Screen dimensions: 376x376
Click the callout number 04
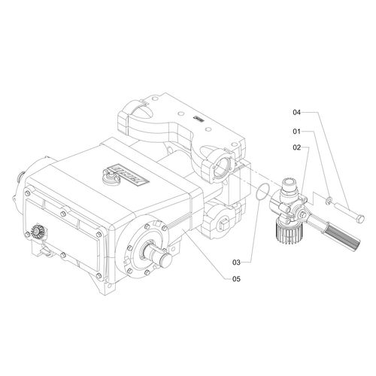296,112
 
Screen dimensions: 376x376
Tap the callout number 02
296,147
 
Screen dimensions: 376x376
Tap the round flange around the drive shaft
147,248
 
